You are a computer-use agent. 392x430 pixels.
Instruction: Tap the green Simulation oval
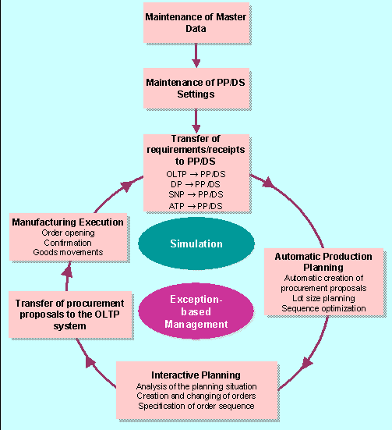pos(196,243)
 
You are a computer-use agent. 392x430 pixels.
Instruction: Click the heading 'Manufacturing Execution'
pos(68,222)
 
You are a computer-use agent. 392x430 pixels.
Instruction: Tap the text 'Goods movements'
pos(68,252)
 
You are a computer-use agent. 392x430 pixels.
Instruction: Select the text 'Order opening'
pos(68,233)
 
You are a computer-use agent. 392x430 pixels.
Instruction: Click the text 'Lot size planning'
pos(324,298)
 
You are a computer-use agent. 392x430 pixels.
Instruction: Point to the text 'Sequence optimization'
pos(324,308)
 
